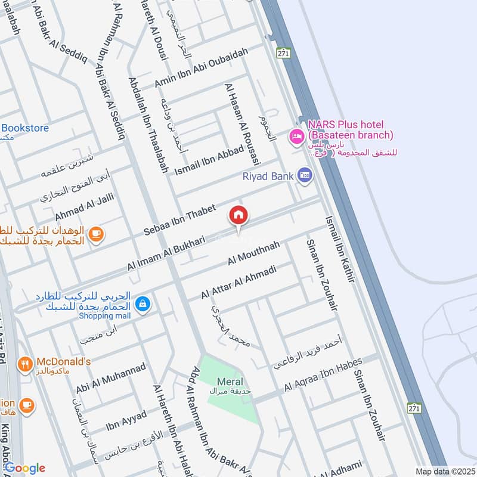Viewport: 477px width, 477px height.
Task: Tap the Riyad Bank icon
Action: tap(306, 176)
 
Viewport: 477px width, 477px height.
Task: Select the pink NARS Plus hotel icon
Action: tap(296, 137)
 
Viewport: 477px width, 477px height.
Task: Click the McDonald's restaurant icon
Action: tap(25, 363)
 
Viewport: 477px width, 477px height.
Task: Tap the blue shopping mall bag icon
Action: tap(143, 304)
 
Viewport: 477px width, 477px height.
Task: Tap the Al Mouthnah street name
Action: tap(253, 253)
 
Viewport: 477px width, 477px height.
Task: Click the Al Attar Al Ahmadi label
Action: tap(238, 283)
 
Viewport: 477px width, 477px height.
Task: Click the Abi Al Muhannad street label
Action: tap(110, 378)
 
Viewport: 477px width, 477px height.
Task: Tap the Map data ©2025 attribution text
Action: tap(445, 471)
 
